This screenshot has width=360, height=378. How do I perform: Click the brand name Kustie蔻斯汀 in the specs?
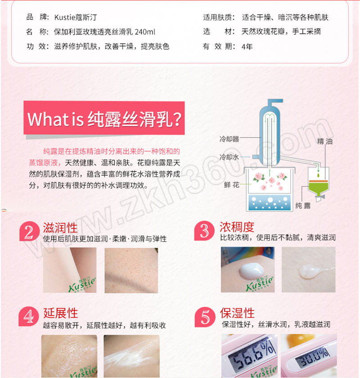[76, 18]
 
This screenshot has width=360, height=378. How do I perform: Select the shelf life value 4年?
[247, 46]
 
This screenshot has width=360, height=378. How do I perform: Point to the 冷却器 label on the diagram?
[229, 139]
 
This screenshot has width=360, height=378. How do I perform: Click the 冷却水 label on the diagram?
[229, 157]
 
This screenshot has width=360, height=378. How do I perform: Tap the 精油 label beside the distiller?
[324, 141]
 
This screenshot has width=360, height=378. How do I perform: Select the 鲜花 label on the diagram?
[231, 185]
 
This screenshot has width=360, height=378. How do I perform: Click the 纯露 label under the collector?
[303, 205]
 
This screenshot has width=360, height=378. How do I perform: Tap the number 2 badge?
[29, 232]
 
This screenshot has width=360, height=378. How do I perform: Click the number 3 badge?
[204, 231]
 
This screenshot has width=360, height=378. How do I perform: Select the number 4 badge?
[29, 316]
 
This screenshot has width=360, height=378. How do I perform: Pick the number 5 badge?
[205, 317]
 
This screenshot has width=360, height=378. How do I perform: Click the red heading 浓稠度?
[237, 227]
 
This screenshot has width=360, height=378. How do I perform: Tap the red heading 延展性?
[61, 313]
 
